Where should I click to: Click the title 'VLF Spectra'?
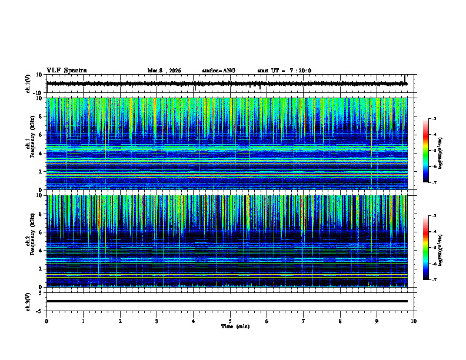point(66,71)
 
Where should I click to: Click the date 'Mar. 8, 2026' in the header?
point(164,71)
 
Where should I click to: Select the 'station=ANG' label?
point(218,71)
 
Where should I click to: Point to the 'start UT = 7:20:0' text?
point(284,71)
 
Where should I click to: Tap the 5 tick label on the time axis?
point(230,321)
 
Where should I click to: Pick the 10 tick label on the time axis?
point(414,321)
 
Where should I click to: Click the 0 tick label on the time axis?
point(46,321)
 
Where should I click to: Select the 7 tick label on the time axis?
point(304,321)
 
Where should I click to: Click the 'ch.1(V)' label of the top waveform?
point(28,84)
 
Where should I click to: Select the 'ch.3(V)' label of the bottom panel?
point(28,301)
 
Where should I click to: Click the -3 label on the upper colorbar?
point(434,119)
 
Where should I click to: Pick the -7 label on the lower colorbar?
point(434,280)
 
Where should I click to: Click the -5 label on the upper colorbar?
point(434,151)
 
